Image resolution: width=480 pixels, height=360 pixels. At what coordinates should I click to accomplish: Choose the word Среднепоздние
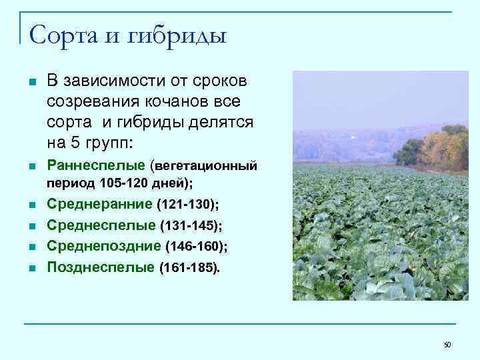104,246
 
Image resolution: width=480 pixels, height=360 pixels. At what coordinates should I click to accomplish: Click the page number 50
447,345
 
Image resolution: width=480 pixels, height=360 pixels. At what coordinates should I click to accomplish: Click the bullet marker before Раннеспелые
31,165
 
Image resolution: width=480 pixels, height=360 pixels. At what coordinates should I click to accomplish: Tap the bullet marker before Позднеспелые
31,269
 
